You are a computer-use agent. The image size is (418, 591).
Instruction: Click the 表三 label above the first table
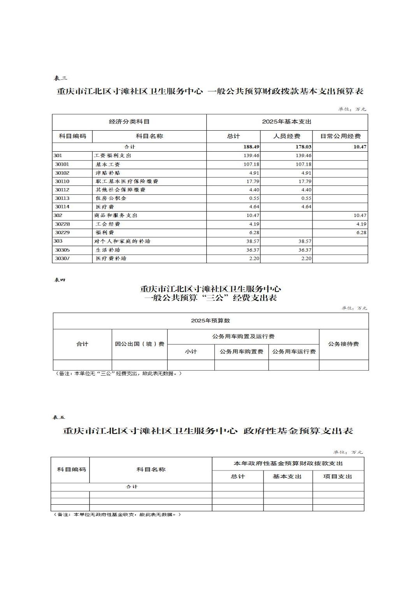coord(60,78)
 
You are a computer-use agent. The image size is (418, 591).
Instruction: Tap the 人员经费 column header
coord(287,136)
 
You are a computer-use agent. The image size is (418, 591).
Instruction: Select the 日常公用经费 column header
coord(340,136)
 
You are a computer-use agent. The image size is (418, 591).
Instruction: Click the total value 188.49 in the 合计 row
coord(251,147)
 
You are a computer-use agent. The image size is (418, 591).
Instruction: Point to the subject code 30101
coord(62,164)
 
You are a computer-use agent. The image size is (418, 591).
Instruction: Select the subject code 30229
coord(62,233)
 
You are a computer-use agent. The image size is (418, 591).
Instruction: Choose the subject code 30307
coord(62,259)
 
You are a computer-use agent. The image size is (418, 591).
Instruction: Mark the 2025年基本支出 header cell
coord(286,122)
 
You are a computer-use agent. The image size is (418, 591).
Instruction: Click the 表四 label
coord(60,280)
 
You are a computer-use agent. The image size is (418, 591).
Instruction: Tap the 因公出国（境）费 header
coord(139,344)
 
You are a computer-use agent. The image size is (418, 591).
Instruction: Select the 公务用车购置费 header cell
coord(241,351)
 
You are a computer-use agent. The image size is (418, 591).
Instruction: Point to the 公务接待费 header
coord(343,344)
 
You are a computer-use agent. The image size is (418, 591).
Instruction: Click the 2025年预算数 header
coord(210,321)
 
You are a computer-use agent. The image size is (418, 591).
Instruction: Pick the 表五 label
coord(59,418)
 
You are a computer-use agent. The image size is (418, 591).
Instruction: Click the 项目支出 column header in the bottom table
coord(338,477)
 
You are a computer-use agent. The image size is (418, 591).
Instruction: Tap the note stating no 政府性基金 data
coord(117,514)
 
